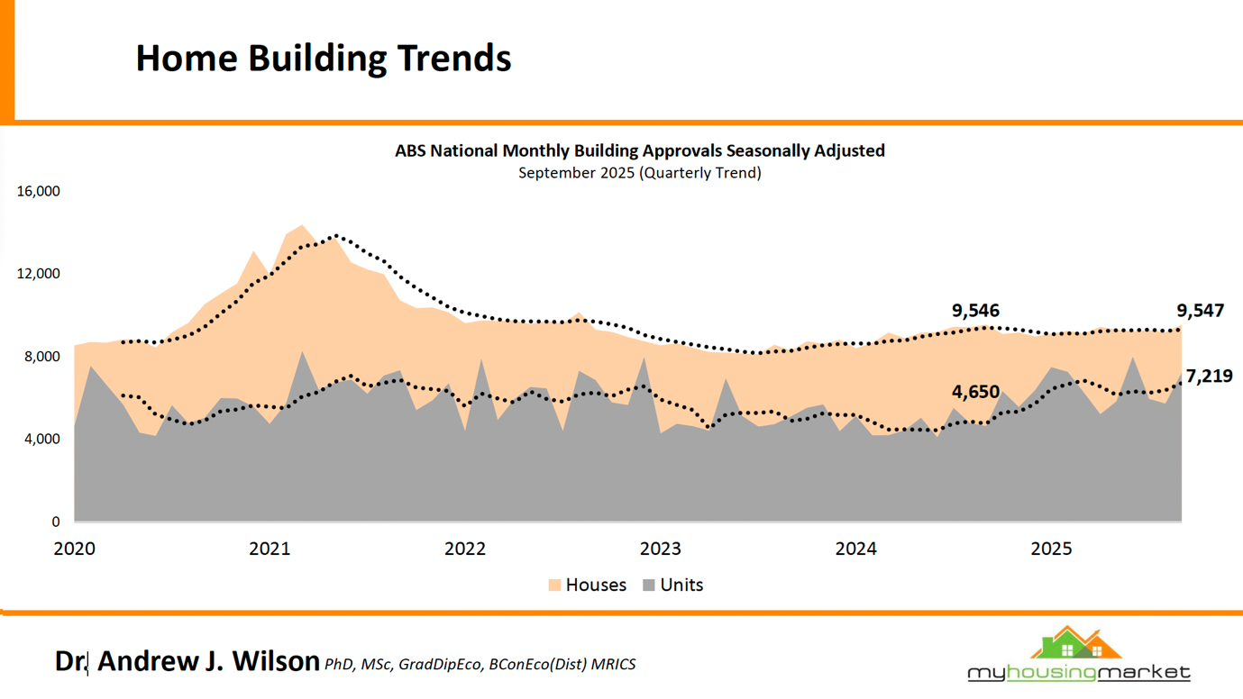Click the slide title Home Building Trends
point(323,58)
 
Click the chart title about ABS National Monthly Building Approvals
point(639,150)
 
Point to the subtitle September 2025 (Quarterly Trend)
point(639,173)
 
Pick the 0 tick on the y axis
point(56,522)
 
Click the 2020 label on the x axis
point(75,549)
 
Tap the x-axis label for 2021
point(270,549)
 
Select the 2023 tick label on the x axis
point(661,549)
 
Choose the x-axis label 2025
point(1051,549)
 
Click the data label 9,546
point(975,311)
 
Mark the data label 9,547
point(1200,311)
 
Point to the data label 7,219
point(1209,377)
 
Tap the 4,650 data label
point(975,392)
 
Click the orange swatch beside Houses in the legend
point(554,586)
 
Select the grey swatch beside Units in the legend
point(649,586)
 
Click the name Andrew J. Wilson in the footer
point(208,661)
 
